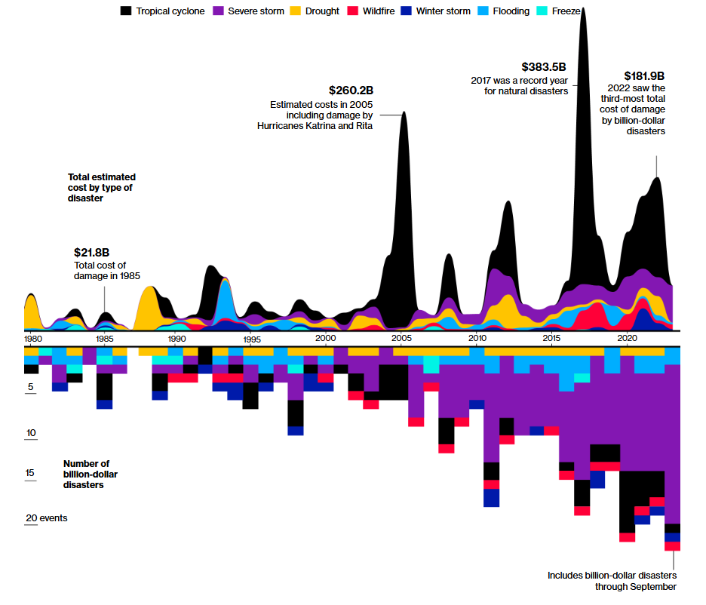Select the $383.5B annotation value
coord(544,67)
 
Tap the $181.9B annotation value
coord(644,76)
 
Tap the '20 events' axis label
coord(47,518)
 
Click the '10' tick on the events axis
coord(31,433)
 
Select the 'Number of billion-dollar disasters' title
coord(86,474)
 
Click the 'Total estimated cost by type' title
coord(102,188)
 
